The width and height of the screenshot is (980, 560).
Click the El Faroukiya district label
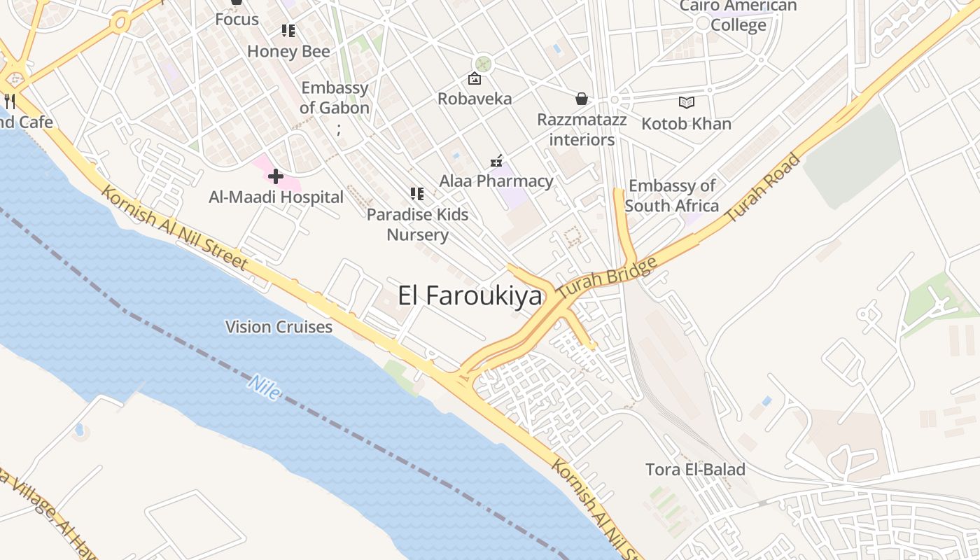tap(470, 296)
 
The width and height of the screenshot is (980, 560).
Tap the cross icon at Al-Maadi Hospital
tap(276, 176)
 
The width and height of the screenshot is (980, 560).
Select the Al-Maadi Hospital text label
tap(276, 197)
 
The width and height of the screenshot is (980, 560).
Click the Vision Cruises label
tap(279, 327)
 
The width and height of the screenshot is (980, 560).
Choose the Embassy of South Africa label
tap(672, 196)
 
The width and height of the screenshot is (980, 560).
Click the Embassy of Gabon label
tap(335, 98)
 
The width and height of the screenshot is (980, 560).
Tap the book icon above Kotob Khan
tap(687, 103)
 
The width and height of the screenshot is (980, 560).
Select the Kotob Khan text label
tap(687, 124)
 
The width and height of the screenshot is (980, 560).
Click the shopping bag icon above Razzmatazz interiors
tap(582, 99)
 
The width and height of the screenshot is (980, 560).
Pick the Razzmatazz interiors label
tap(582, 129)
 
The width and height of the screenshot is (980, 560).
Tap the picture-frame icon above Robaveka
tap(475, 78)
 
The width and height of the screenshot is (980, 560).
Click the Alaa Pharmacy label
tap(496, 181)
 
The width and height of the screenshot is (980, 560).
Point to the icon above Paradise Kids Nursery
tap(417, 193)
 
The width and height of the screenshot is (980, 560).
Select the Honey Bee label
tap(288, 51)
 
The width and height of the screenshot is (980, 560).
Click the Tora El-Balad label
tap(695, 469)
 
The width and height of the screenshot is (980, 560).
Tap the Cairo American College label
tap(738, 16)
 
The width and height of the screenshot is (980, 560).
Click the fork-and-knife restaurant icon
tap(10, 101)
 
